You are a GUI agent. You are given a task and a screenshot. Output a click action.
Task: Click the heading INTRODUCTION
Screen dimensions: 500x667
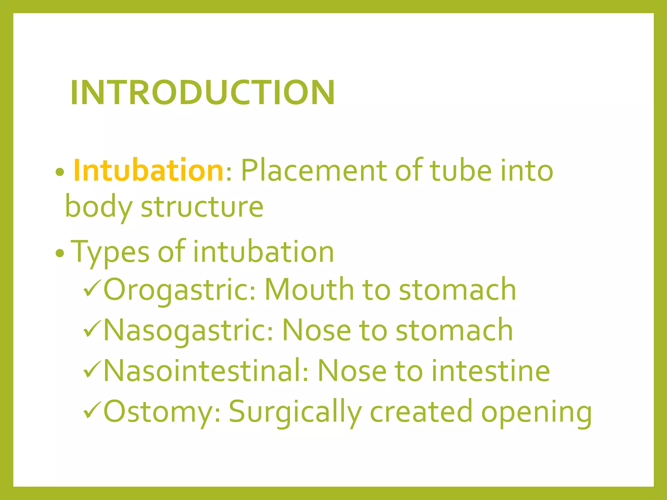pos(202,93)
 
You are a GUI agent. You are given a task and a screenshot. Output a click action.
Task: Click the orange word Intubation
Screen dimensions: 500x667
pos(148,170)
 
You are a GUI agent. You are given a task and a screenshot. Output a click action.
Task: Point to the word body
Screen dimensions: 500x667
pos(99,207)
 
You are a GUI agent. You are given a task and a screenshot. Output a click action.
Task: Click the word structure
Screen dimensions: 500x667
pos(202,207)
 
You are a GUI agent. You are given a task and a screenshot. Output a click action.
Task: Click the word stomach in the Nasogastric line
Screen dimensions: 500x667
pos(454,330)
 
